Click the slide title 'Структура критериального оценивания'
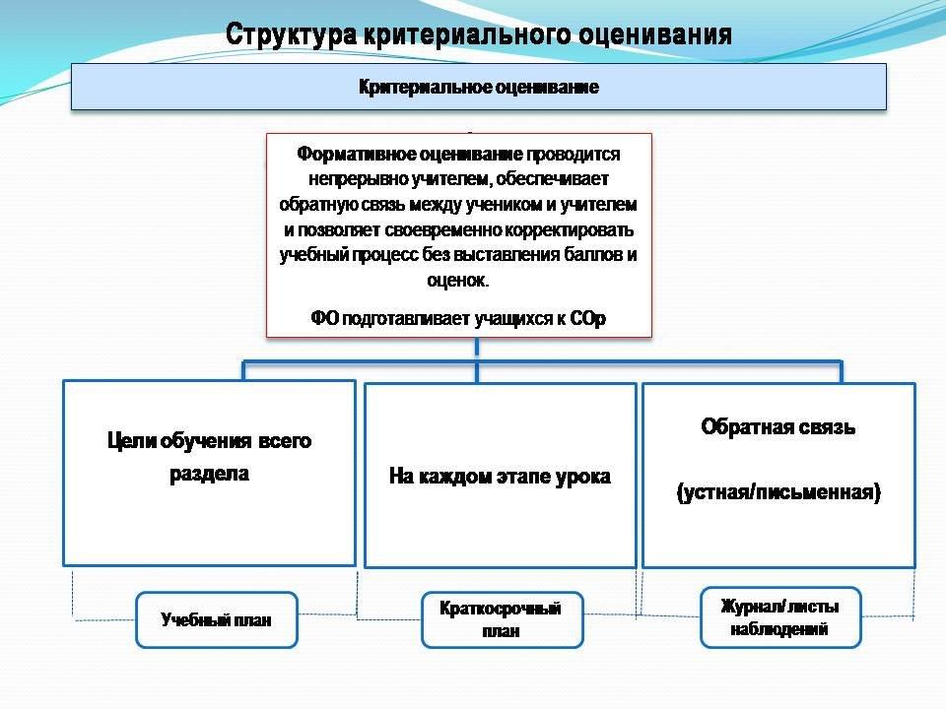[479, 34]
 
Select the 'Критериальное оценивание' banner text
[479, 88]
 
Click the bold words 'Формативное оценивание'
[410, 156]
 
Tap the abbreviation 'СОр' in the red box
[587, 317]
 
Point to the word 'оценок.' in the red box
[458, 280]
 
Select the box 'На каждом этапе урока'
[500, 477]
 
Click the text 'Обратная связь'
[778, 427]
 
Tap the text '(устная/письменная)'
[778, 492]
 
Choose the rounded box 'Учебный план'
[216, 619]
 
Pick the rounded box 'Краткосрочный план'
[501, 620]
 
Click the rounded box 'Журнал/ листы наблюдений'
[779, 617]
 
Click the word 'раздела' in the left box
[209, 474]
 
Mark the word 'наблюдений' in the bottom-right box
[779, 628]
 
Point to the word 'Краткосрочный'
[501, 610]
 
